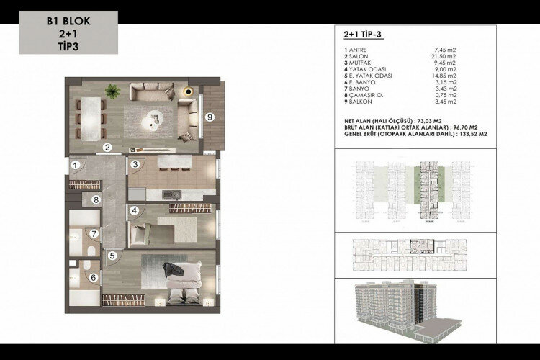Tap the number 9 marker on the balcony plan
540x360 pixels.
tap(209, 117)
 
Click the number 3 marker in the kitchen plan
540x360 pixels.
tap(135, 165)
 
